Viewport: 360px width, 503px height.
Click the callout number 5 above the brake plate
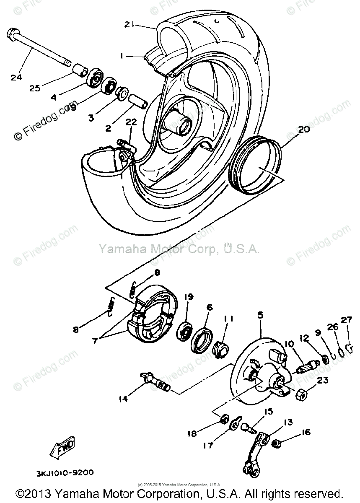260,314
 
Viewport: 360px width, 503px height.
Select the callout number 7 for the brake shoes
95,341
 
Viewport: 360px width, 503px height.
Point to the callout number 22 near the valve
131,122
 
